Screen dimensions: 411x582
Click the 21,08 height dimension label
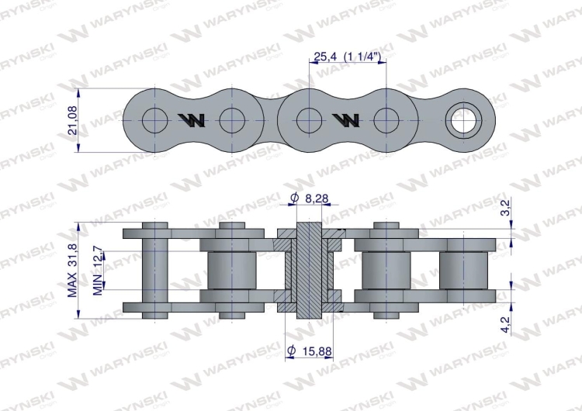[73, 121]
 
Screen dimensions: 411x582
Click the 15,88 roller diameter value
[316, 351]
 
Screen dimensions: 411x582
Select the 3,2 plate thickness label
[506, 207]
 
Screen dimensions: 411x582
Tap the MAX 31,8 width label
[73, 269]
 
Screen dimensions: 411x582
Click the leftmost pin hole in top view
[155, 120]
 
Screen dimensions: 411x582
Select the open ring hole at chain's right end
[468, 120]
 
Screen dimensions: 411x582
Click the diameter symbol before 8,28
[294, 199]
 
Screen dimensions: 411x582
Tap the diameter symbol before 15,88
[290, 351]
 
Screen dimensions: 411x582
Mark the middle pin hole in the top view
[310, 120]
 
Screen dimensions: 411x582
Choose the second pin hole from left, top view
[232, 120]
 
